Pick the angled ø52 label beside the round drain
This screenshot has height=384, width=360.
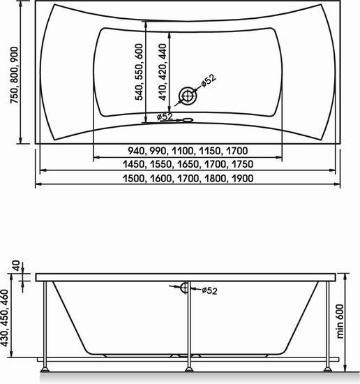[208, 82]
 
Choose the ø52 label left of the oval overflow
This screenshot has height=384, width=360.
[165, 117]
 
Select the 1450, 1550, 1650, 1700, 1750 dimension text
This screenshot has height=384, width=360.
[188, 164]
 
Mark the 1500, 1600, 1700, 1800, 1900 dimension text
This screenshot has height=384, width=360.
[188, 178]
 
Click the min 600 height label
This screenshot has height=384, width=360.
[349, 318]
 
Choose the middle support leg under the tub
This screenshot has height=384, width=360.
[187, 328]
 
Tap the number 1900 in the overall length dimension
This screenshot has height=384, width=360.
[241, 178]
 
